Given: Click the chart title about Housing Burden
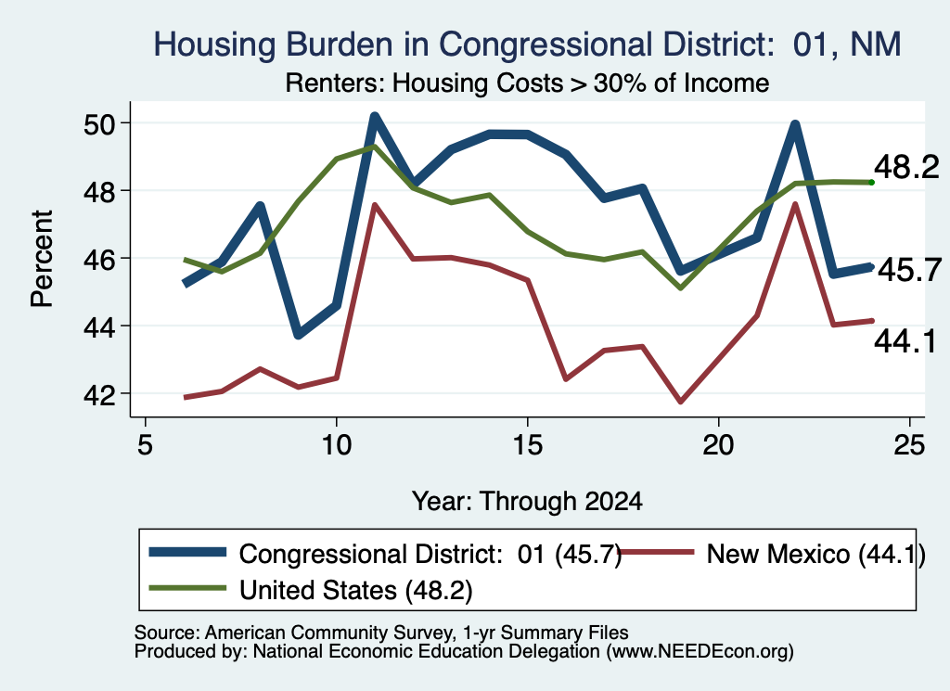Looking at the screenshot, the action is click(x=527, y=45).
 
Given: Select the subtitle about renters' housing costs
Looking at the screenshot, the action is click(x=527, y=83).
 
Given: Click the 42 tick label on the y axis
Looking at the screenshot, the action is click(x=98, y=394).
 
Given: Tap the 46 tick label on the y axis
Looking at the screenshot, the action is click(x=98, y=259).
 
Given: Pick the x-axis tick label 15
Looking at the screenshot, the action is click(x=527, y=446).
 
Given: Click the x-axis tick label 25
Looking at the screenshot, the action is click(x=909, y=446).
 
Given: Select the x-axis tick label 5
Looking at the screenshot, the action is click(x=145, y=446).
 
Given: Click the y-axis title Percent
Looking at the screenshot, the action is click(x=42, y=259).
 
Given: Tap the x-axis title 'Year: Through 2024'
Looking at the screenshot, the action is click(x=527, y=502).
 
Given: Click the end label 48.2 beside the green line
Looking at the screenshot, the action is click(x=906, y=167).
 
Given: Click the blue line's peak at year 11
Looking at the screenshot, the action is click(x=375, y=117).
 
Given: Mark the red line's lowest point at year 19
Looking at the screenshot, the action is click(x=680, y=401).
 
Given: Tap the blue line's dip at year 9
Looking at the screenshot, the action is click(x=298, y=335).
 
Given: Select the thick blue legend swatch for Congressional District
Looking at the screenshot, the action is click(x=187, y=552).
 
